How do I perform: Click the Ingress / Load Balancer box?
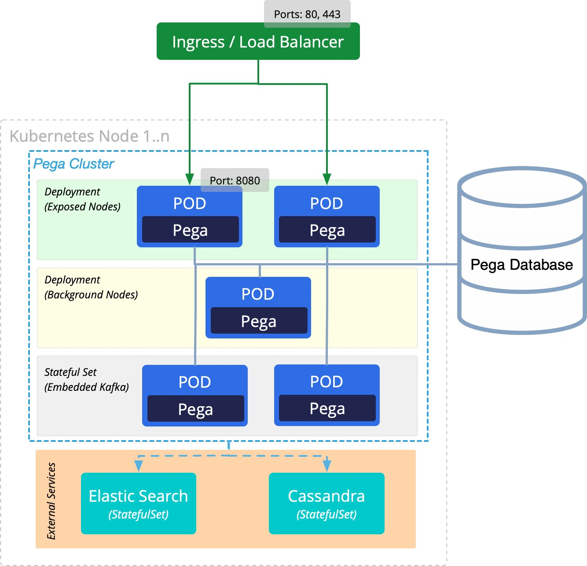(258, 42)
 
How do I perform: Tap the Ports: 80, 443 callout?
(307, 14)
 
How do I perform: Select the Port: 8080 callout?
(235, 180)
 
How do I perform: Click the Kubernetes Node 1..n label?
(89, 136)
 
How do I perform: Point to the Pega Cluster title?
(73, 164)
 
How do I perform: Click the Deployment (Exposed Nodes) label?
(82, 199)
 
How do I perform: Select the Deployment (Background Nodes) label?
(91, 287)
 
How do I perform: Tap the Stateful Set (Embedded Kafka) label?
(87, 380)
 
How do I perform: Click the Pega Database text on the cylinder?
(521, 265)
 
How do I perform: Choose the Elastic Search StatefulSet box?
(138, 504)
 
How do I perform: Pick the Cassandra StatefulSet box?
(327, 504)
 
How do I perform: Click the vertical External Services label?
(51, 501)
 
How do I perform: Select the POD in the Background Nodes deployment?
(258, 308)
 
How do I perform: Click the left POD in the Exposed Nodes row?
(190, 217)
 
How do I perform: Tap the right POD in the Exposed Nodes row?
(327, 217)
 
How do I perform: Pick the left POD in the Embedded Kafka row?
(195, 396)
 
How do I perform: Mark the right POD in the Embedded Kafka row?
(327, 395)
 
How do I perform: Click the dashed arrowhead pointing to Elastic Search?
(139, 466)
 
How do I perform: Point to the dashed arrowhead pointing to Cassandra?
(327, 466)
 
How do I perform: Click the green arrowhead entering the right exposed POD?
(327, 179)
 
